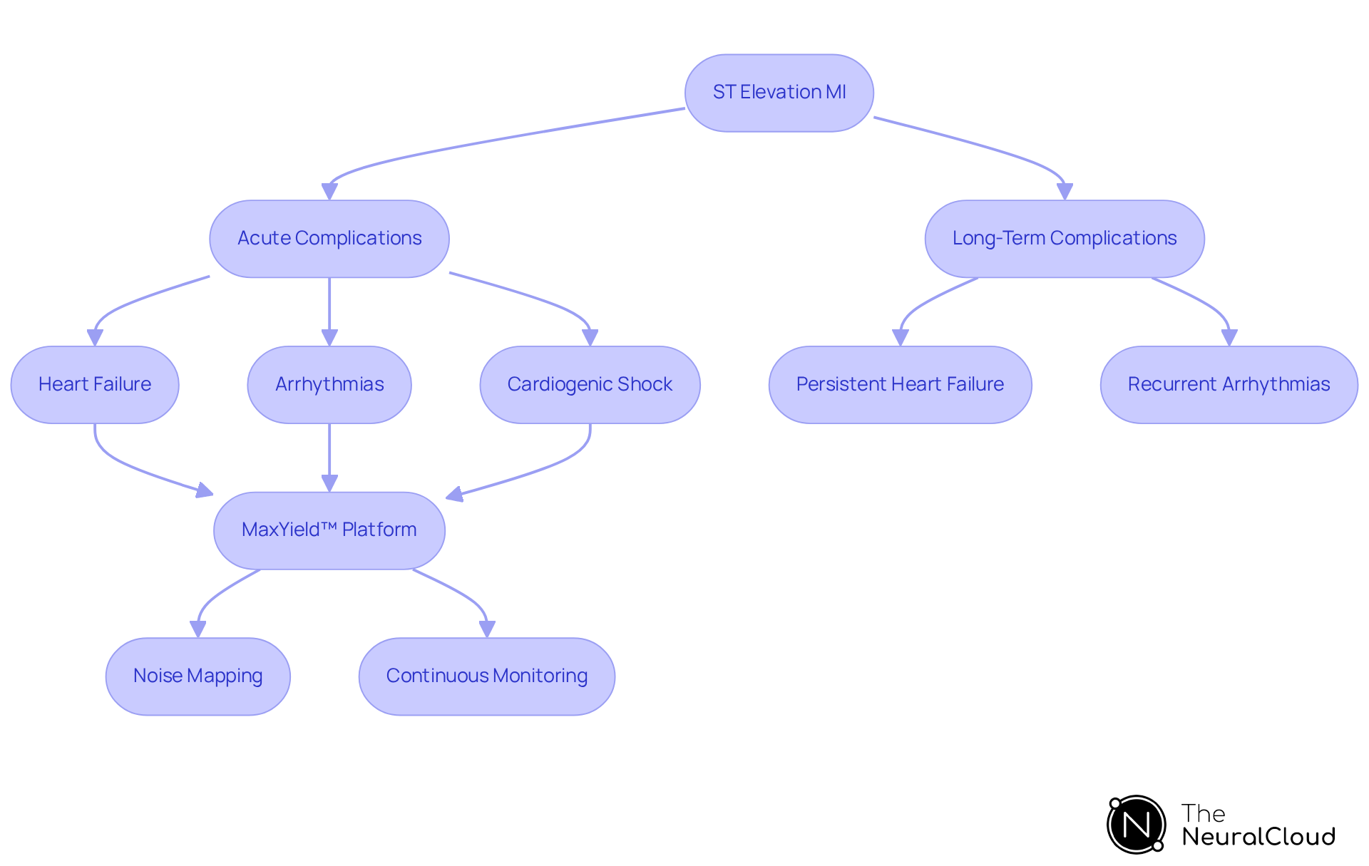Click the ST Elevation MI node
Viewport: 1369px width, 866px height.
tap(779, 93)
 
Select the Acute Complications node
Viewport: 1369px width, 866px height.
tap(329, 239)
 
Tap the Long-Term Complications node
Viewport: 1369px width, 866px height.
tap(1064, 239)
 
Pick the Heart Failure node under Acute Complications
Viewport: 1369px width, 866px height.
tap(95, 385)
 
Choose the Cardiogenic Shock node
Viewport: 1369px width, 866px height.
tap(590, 385)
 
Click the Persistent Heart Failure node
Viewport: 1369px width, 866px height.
tap(900, 385)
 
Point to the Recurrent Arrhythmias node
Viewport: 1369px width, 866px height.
tap(1229, 385)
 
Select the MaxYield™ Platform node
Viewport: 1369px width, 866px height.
tap(329, 530)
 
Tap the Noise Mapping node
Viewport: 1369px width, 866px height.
tap(198, 676)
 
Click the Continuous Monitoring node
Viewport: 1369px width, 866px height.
tap(486, 676)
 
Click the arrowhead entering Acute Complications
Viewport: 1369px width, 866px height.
tap(329, 192)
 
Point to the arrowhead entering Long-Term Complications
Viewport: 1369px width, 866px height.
tap(1065, 192)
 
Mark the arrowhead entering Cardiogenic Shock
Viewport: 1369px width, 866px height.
tap(590, 338)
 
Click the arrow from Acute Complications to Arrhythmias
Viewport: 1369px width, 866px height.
tap(329, 306)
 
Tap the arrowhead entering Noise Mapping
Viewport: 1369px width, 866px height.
tap(198, 629)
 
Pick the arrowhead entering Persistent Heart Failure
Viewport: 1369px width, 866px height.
tap(901, 338)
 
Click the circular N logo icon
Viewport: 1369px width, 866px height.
tap(1136, 825)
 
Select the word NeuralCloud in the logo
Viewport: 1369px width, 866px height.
tap(1258, 837)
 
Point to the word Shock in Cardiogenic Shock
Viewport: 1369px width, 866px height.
tap(645, 385)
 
